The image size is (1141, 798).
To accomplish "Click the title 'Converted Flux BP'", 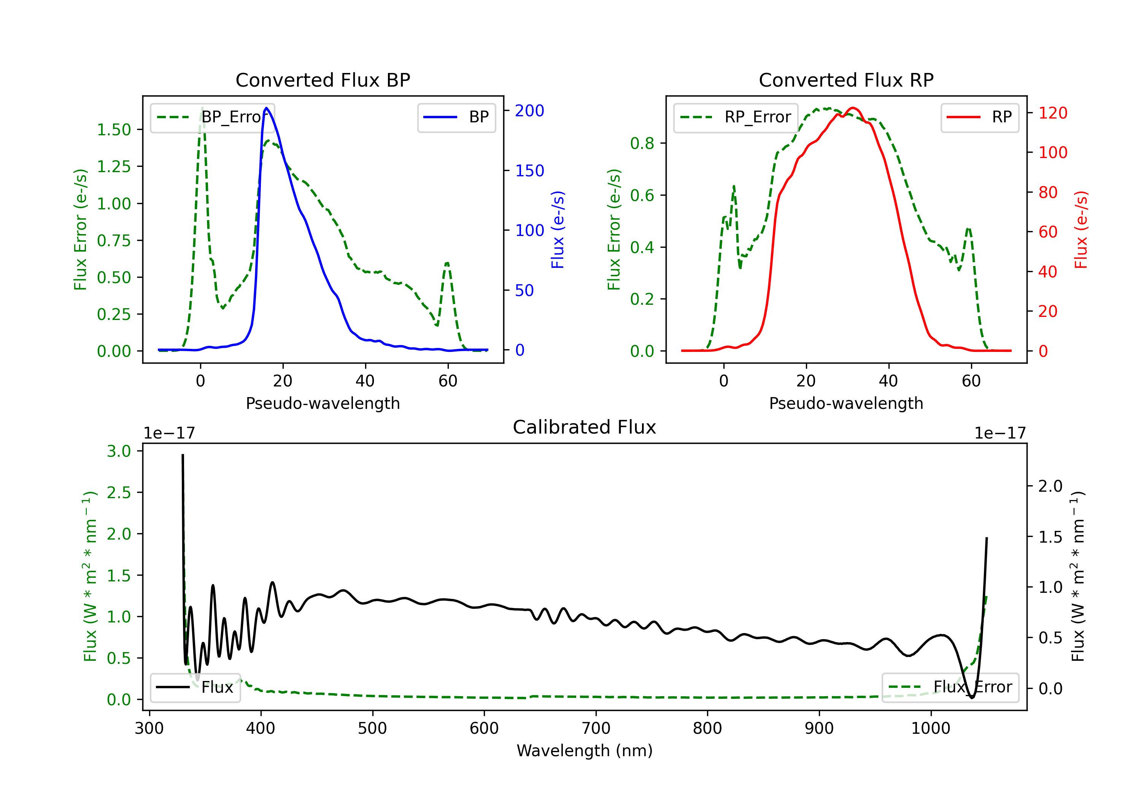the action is pos(323,80).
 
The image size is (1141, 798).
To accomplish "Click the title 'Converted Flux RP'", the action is pos(846,80).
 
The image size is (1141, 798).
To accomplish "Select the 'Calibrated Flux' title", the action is pos(585,427).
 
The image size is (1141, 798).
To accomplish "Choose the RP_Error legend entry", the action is pos(736,117).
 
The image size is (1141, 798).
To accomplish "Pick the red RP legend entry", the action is pos(979,117).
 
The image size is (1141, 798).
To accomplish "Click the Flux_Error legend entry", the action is pos(950,687).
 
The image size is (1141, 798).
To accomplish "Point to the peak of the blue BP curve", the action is pos(266,108).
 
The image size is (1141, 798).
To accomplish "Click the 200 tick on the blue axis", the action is pos(529,111).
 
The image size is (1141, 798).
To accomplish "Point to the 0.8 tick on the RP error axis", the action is pos(642,144).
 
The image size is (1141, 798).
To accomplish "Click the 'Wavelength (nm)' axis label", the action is pos(585,750).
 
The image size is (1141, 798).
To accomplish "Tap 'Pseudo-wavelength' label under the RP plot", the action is pos(846,403).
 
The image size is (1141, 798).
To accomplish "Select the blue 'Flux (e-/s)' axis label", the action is pos(558,230).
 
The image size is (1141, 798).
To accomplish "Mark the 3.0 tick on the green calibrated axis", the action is pos(119,451).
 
